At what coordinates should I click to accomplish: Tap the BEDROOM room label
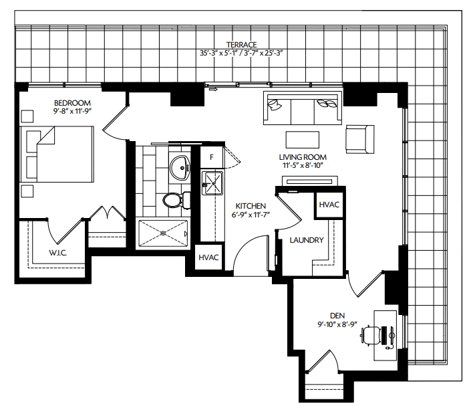coord(73,102)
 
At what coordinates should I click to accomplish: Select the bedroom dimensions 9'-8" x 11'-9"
coord(73,110)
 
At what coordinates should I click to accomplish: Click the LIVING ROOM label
coord(302,157)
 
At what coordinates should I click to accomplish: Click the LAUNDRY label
coord(307,240)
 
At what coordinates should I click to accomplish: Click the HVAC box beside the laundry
coord(329,205)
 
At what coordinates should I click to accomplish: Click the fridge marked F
coord(212,158)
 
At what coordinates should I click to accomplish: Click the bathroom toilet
coord(175,200)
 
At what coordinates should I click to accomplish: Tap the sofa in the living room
coord(303,109)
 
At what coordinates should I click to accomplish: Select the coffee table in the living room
coord(302,138)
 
